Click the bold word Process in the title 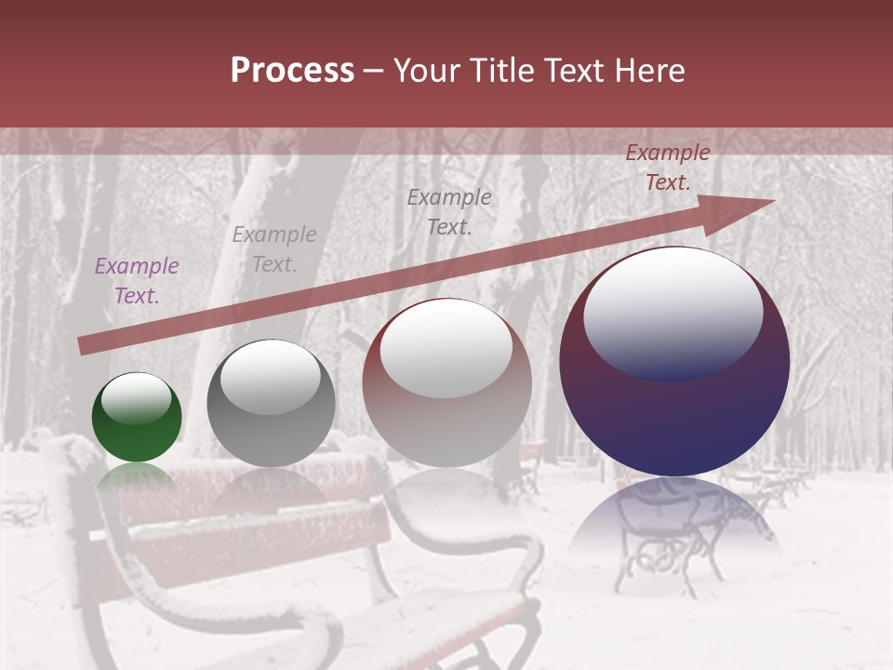pos(292,71)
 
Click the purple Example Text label pos(136,281)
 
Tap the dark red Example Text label pos(667,167)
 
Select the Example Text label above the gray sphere pos(274,248)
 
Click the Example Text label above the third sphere pos(449,211)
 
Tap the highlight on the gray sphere pos(270,377)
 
